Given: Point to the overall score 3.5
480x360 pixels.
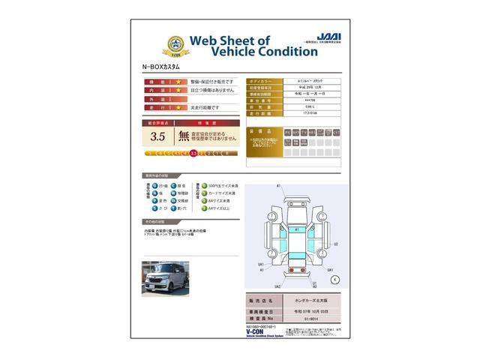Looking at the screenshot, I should (157, 136).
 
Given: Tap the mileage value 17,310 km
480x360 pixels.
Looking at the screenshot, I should (303, 112).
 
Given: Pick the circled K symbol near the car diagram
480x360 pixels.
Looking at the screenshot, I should (334, 278).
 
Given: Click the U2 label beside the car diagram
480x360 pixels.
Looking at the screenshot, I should (335, 244).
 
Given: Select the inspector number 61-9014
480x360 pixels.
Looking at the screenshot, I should (303, 318).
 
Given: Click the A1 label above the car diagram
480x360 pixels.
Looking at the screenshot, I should (279, 185).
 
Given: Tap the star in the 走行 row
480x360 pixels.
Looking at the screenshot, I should (178, 108).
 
